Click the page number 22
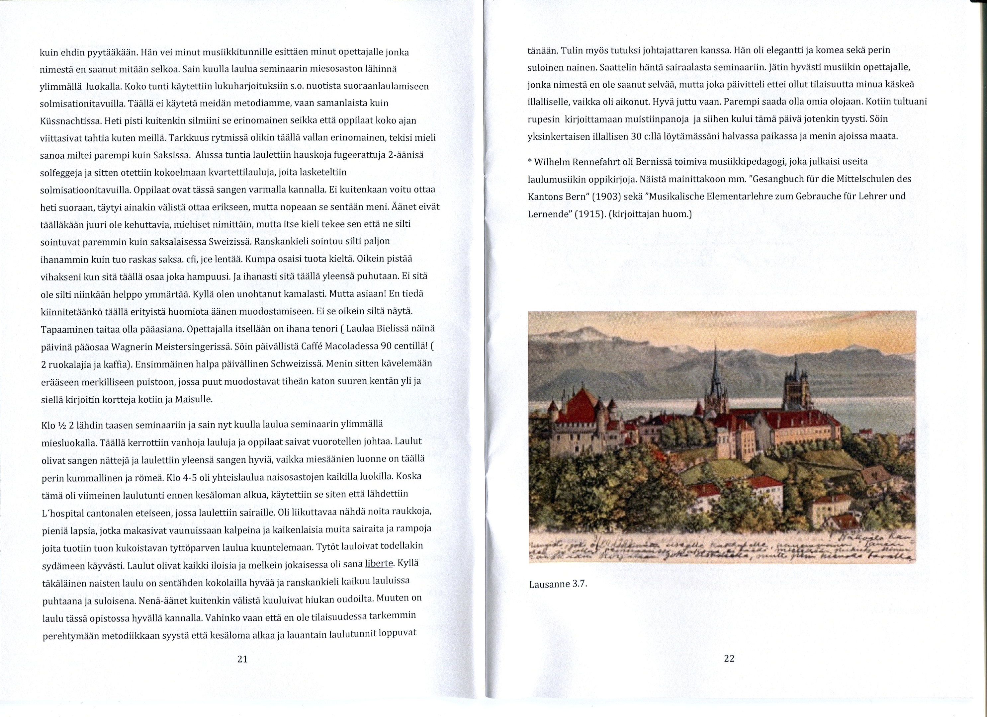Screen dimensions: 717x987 (729, 658)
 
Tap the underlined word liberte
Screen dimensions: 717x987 (379, 563)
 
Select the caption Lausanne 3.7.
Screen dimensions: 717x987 (558, 584)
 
